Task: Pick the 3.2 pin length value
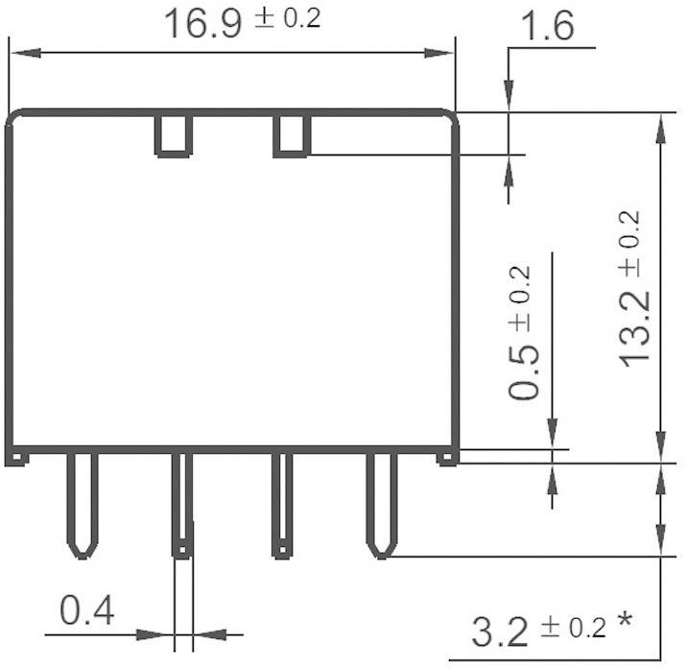click(500, 632)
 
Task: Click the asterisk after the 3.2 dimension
click(625, 624)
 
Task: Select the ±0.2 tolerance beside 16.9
click(287, 19)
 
